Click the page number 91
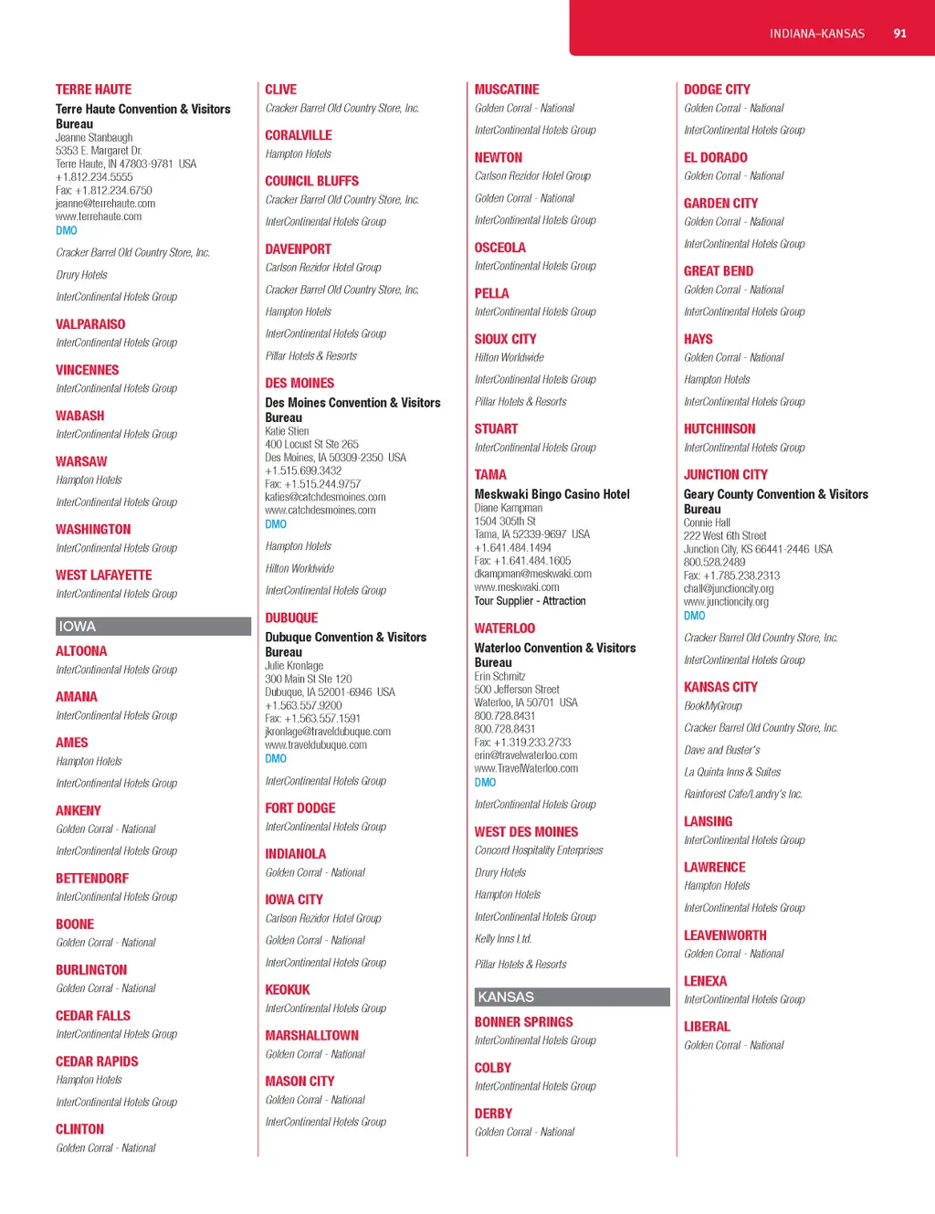pos(899,34)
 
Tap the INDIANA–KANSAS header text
pos(816,34)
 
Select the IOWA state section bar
pos(152,627)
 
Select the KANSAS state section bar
pos(572,998)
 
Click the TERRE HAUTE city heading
pos(93,90)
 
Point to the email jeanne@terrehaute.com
pos(105,204)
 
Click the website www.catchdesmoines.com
pos(320,511)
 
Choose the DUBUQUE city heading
pos(291,618)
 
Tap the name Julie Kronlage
pos(294,666)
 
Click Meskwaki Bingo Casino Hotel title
pos(552,494)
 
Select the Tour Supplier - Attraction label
pos(530,601)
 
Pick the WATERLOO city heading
pos(504,628)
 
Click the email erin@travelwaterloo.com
pos(525,755)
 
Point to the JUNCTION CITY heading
pos(725,475)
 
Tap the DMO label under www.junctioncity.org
pos(694,616)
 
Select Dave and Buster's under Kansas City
pos(721,750)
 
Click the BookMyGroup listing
pos(712,706)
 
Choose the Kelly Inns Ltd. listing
pos(502,939)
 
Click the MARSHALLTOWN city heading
pos(311,1036)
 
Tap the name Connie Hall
pos(707,523)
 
